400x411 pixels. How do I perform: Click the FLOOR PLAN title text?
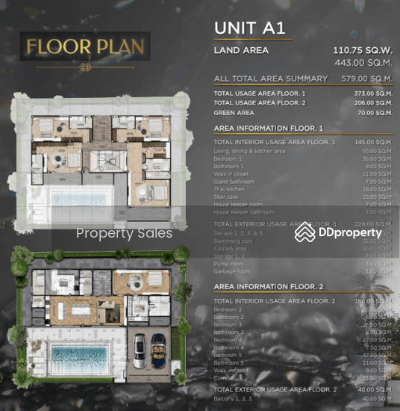pos(84,46)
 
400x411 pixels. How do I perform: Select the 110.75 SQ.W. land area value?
pos(361,51)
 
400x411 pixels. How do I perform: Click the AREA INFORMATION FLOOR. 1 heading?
pos(268,128)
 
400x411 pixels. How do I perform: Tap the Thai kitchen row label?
pos(231,190)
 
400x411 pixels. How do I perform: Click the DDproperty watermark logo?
pos(339,232)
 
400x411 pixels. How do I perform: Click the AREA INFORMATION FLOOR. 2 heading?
pos(268,286)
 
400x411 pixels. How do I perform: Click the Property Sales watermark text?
pos(124,233)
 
